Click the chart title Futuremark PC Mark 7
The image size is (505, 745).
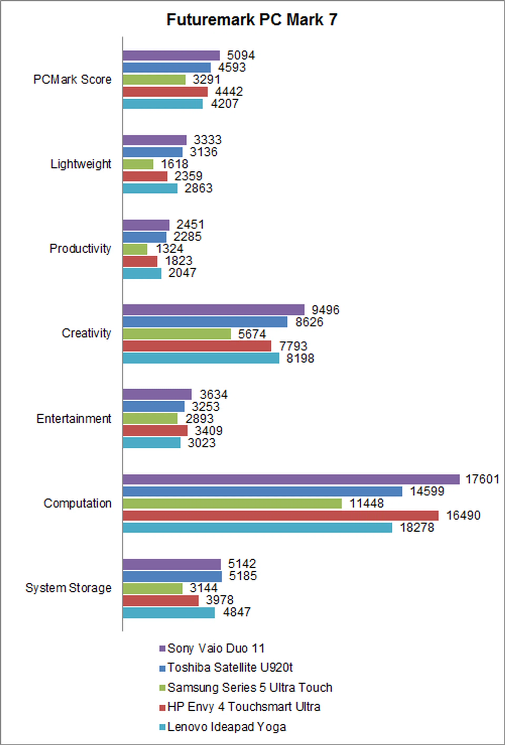[252, 20]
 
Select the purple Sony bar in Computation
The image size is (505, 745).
[291, 480]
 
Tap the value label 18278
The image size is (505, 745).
[417, 528]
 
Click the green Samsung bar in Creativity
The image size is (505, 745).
[177, 334]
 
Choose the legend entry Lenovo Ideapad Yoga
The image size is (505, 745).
[226, 727]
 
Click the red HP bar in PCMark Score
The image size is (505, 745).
[165, 92]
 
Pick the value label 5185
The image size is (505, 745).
[243, 576]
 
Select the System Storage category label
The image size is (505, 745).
[69, 588]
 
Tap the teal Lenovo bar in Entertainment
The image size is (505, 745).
[151, 443]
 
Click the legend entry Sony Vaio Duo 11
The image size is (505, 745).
[216, 648]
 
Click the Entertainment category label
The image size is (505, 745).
[74, 419]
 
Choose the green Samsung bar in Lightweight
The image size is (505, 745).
[138, 165]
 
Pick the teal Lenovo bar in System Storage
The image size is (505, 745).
[169, 613]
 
